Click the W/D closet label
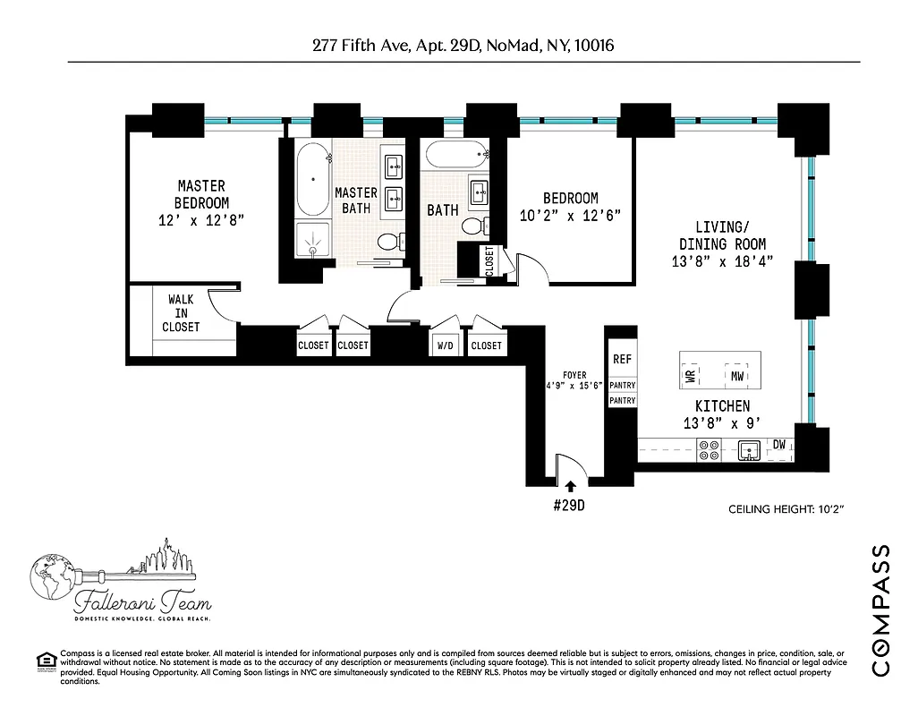pos(444,345)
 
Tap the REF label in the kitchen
pos(622,359)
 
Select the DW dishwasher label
pos(779,444)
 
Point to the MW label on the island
pos(736,376)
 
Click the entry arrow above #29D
pos(570,484)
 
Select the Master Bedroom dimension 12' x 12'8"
pos(201,219)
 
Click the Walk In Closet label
pos(181,313)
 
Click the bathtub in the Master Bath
pos(312,178)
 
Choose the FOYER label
pos(574,375)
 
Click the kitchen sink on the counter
pos(748,450)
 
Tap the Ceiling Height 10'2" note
pos(787,509)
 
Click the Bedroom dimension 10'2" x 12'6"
pos(570,215)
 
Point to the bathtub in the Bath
pos(456,155)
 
